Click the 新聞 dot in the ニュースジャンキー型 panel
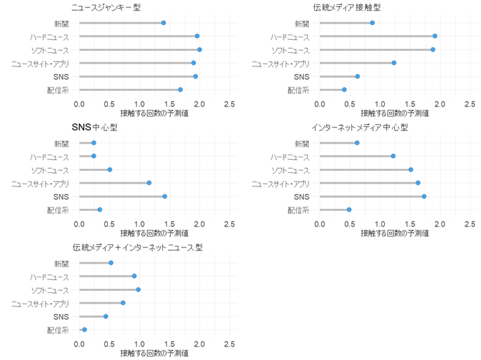(163, 23)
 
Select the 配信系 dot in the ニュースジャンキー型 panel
(180, 89)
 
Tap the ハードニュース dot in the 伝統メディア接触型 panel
(435, 36)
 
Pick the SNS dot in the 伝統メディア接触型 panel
(358, 76)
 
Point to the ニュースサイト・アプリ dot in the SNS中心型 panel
(149, 183)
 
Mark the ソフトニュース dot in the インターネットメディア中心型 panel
(410, 169)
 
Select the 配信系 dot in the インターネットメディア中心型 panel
(349, 209)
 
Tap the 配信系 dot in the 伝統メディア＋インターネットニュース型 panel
(85, 329)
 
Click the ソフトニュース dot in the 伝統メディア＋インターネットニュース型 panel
(138, 289)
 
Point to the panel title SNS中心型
(94, 127)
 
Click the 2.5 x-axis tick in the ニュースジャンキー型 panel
(229, 104)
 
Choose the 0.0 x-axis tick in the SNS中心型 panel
(79, 224)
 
